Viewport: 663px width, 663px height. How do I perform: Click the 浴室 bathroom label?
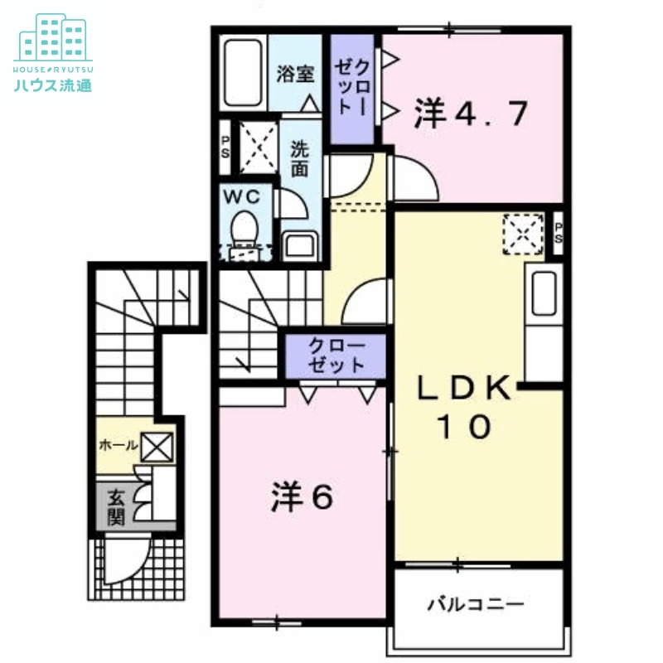tap(295, 74)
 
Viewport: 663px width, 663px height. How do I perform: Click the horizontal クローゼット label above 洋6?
tap(336, 355)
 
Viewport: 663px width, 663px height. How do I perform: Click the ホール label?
tap(119, 446)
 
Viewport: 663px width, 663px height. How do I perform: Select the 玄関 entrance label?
tap(115, 507)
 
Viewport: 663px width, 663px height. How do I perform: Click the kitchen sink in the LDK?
tap(544, 294)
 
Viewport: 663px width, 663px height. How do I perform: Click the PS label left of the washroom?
tap(225, 147)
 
